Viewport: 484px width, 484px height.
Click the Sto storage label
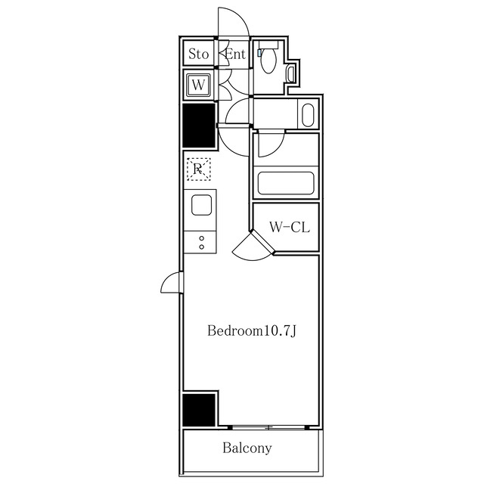(198, 54)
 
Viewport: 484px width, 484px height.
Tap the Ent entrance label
(236, 54)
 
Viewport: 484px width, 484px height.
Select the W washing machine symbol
(198, 85)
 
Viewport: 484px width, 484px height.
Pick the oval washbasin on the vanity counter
(306, 116)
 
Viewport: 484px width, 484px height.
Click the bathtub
(286, 184)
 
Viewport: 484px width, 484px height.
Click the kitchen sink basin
(201, 205)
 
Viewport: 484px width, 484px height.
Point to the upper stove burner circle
(201, 238)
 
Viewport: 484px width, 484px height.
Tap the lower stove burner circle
(201, 247)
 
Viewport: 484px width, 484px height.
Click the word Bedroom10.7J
(250, 331)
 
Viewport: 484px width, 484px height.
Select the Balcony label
(247, 448)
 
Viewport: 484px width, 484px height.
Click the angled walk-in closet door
(253, 247)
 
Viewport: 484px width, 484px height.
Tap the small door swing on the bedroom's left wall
(171, 284)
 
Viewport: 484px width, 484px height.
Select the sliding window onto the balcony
(265, 427)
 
